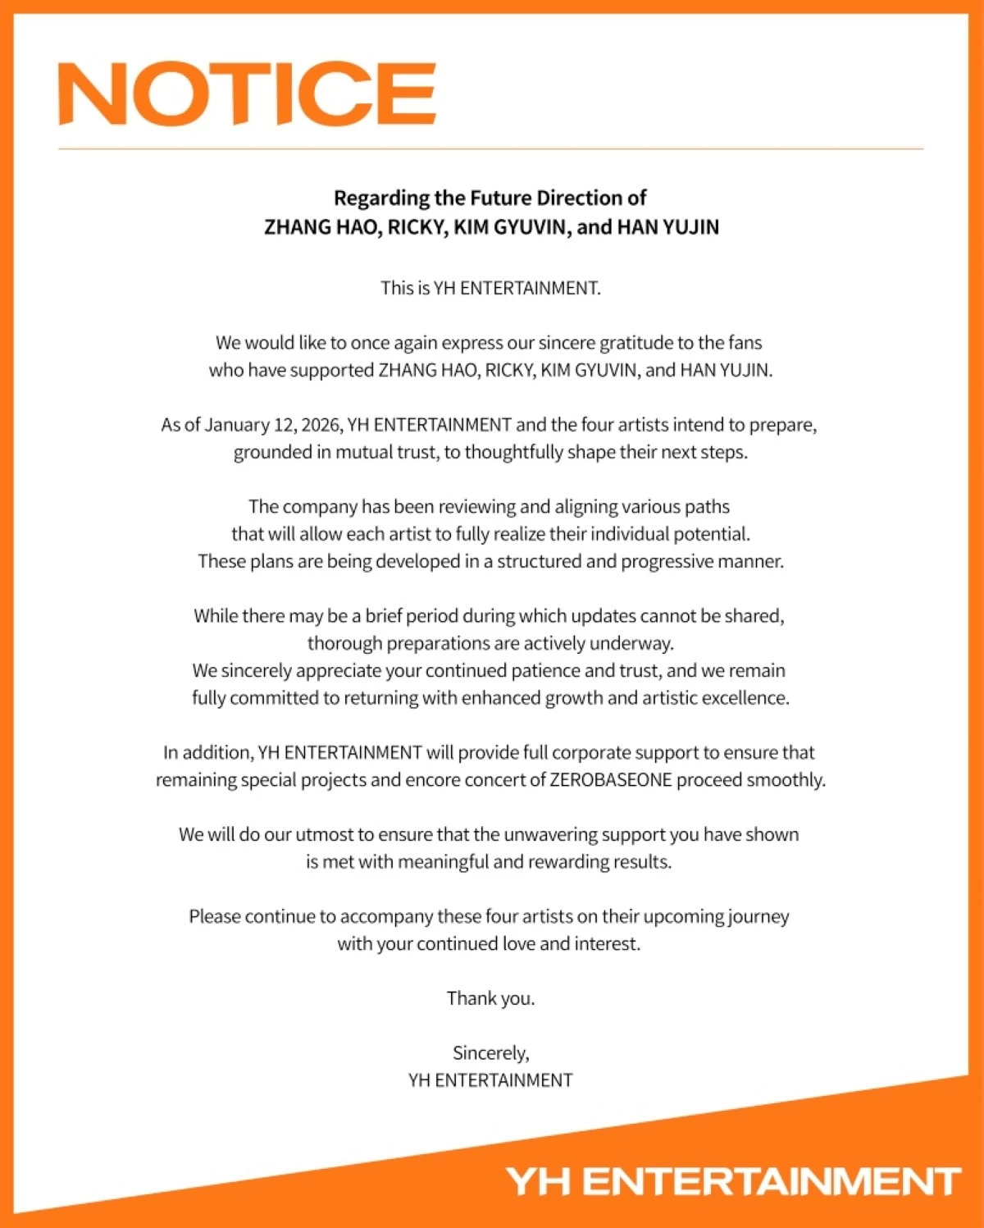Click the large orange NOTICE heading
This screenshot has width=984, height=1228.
pyautogui.click(x=247, y=94)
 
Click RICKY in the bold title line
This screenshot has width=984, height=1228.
pyautogui.click(x=417, y=227)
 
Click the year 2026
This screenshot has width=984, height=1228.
pyautogui.click(x=322, y=425)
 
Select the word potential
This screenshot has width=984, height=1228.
pyautogui.click(x=711, y=535)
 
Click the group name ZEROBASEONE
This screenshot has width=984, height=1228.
pyautogui.click(x=611, y=780)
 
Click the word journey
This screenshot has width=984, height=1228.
pyautogui.click(x=754, y=917)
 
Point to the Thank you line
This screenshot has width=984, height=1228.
pyautogui.click(x=490, y=998)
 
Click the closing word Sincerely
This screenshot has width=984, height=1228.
pyautogui.click(x=490, y=1053)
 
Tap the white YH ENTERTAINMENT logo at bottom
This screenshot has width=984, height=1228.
pyautogui.click(x=733, y=1182)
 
